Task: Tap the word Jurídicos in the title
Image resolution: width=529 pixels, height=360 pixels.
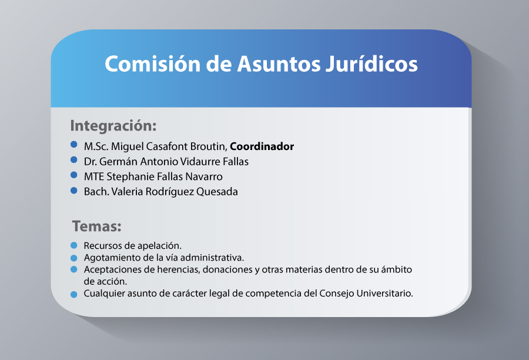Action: click(372, 64)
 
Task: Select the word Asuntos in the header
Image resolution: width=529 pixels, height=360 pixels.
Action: click(279, 64)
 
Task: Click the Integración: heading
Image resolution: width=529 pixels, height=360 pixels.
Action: click(113, 126)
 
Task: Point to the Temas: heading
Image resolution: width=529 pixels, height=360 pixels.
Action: click(97, 226)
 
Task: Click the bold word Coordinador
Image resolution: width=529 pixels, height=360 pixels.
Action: click(262, 146)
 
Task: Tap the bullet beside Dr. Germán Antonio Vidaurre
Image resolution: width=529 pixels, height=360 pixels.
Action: click(74, 160)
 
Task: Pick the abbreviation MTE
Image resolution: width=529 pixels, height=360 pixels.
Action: click(94, 176)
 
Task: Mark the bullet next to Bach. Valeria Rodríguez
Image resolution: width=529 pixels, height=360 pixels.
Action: click(74, 191)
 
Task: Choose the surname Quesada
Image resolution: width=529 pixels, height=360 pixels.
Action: click(217, 192)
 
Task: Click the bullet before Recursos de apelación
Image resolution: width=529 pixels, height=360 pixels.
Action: click(74, 245)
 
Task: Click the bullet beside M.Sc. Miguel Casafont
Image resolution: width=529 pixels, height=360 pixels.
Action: click(74, 145)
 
